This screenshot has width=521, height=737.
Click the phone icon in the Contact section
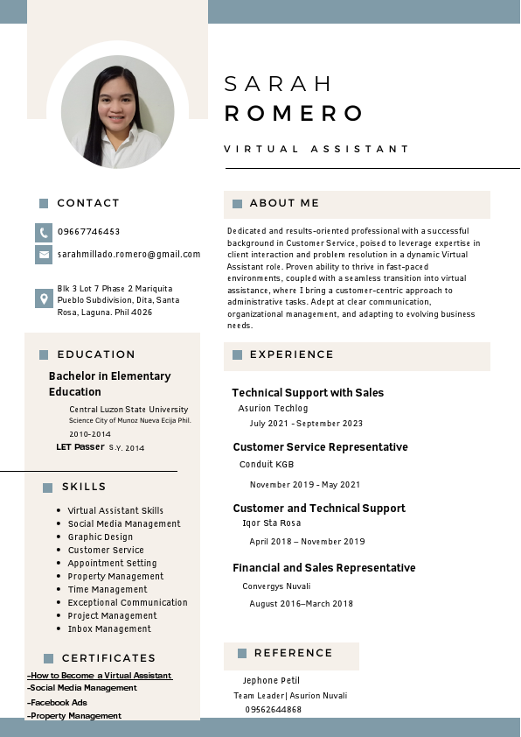tap(44, 232)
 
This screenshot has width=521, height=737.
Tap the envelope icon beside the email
tap(44, 255)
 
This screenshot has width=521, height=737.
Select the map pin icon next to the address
tap(44, 298)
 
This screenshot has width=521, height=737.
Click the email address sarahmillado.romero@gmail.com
tap(129, 254)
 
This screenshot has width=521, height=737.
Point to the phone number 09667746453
tap(89, 232)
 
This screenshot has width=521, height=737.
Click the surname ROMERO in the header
tap(295, 114)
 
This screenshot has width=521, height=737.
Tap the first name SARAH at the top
tap(279, 84)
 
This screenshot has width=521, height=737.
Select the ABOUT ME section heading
tap(284, 203)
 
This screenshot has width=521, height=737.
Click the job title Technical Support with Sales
tap(308, 393)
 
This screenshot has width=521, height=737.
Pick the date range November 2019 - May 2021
tap(305, 484)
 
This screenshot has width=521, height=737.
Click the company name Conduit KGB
tap(267, 464)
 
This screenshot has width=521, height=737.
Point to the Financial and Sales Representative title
tap(323, 568)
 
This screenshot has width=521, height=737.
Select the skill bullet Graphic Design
tap(101, 537)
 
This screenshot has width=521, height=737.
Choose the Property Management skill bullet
tap(115, 576)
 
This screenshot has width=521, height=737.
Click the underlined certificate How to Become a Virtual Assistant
tap(100, 676)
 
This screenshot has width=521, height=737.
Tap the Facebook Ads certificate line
tap(58, 702)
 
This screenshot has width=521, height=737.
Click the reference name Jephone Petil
tap(272, 680)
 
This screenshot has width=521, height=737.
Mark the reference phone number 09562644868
tap(274, 709)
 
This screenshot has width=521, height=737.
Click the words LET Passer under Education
tap(80, 446)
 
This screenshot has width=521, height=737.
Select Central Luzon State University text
tap(129, 409)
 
